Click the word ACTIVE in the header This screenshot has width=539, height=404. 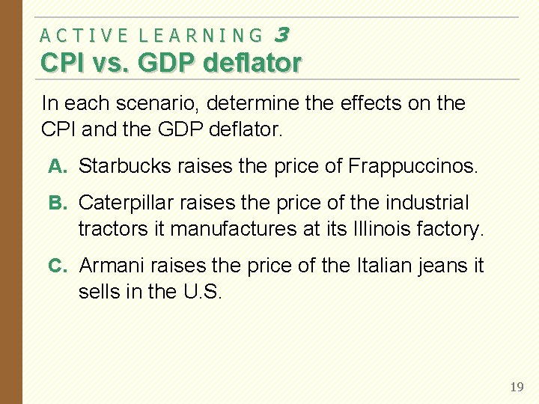point(83,35)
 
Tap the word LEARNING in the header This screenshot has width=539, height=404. point(201,35)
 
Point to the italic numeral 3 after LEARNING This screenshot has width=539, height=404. point(282,34)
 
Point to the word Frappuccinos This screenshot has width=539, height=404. point(412,166)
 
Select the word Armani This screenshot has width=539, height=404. point(112,266)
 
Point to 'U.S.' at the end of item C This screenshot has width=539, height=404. point(202,291)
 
